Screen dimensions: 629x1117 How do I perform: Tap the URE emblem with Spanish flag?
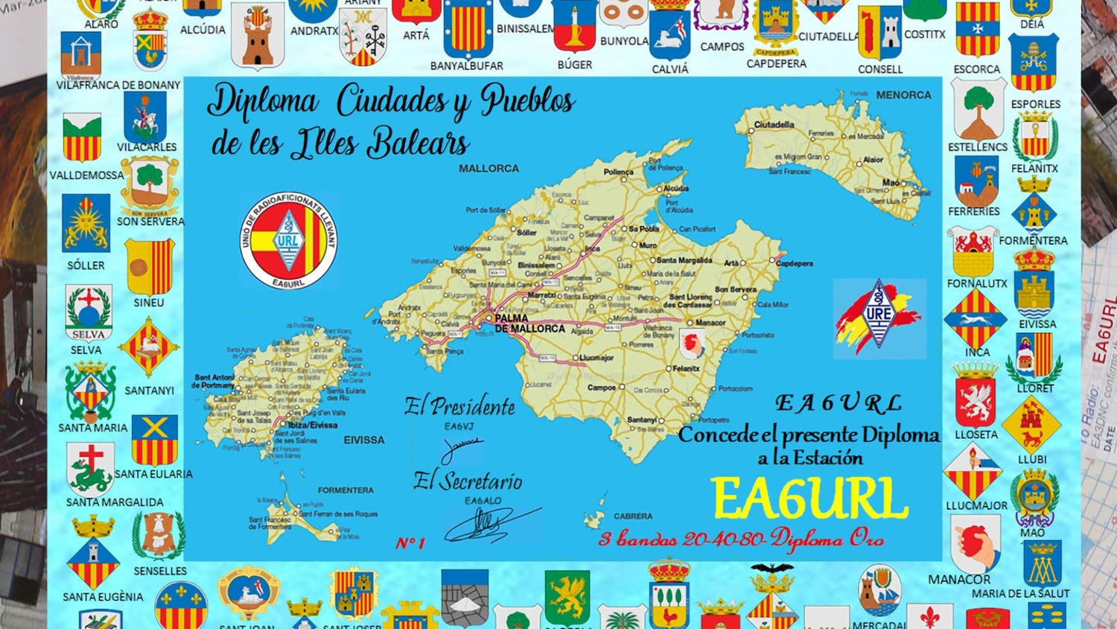pos(879,318)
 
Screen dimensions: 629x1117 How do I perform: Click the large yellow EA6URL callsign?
pos(810,499)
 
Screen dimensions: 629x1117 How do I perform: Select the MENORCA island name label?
pos(903,95)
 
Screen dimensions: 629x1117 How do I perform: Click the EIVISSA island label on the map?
pos(364,440)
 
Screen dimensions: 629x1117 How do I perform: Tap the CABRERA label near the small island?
pos(633,516)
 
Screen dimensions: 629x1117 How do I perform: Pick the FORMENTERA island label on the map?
pos(346,490)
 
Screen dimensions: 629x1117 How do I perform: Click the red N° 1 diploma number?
pos(410,543)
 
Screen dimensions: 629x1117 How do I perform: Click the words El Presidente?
pos(459,407)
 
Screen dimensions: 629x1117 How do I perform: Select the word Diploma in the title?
pos(263,101)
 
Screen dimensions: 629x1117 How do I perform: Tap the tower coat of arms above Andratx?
pos(258,37)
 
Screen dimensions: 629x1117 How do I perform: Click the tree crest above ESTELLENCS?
pos(978,110)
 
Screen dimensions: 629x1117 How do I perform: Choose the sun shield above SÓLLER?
pos(86,224)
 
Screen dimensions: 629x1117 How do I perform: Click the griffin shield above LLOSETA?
pos(975,401)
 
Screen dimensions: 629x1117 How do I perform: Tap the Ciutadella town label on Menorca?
pos(774,124)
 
